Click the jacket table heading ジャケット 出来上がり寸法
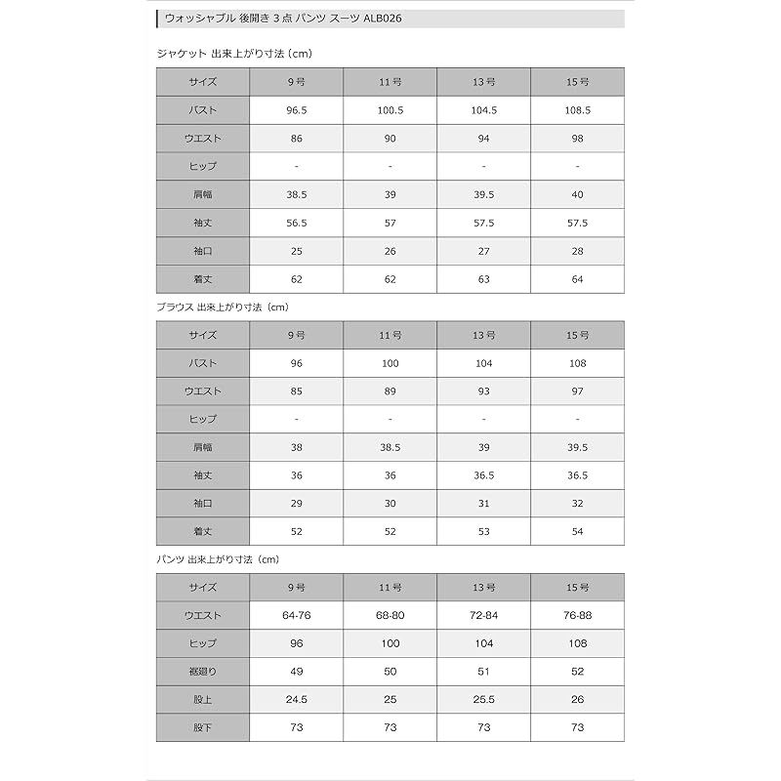pos(233,53)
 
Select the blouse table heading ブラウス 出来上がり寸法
pos(224,307)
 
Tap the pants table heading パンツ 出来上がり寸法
pos(218,559)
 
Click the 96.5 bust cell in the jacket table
pos(297,110)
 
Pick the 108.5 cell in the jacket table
pos(578,110)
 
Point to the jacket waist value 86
pos(297,139)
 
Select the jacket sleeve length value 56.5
pos(297,223)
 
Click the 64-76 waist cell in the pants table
pos(297,616)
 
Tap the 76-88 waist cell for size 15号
pos(578,616)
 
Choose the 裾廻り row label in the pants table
pos(203,672)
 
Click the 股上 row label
pos(203,700)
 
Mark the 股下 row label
pos(203,727)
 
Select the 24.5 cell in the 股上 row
pos(297,700)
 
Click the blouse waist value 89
pos(390,391)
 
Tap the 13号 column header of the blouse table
pos(484,335)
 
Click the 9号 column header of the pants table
pos(297,588)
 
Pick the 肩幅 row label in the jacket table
pos(203,194)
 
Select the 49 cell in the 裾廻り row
pos(297,672)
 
